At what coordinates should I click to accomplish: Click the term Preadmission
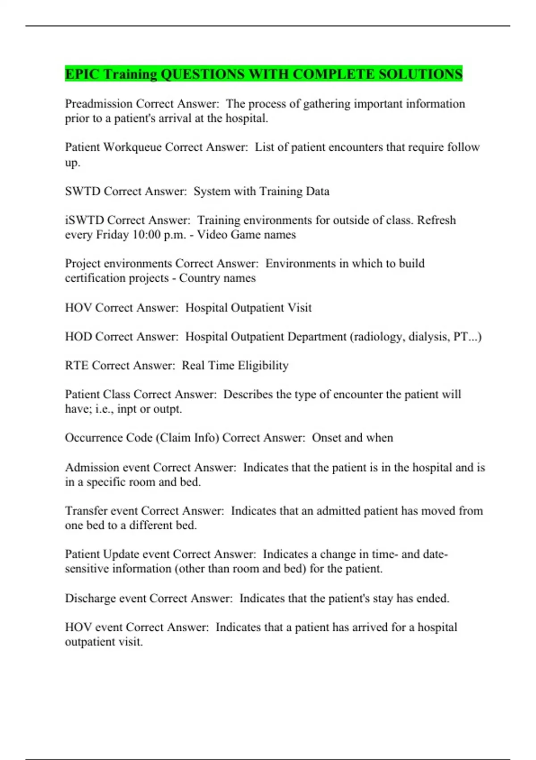pos(99,104)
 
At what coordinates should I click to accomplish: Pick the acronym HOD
pos(79,337)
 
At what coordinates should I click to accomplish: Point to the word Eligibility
pos(263,366)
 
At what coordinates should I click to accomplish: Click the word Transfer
pos(86,511)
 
